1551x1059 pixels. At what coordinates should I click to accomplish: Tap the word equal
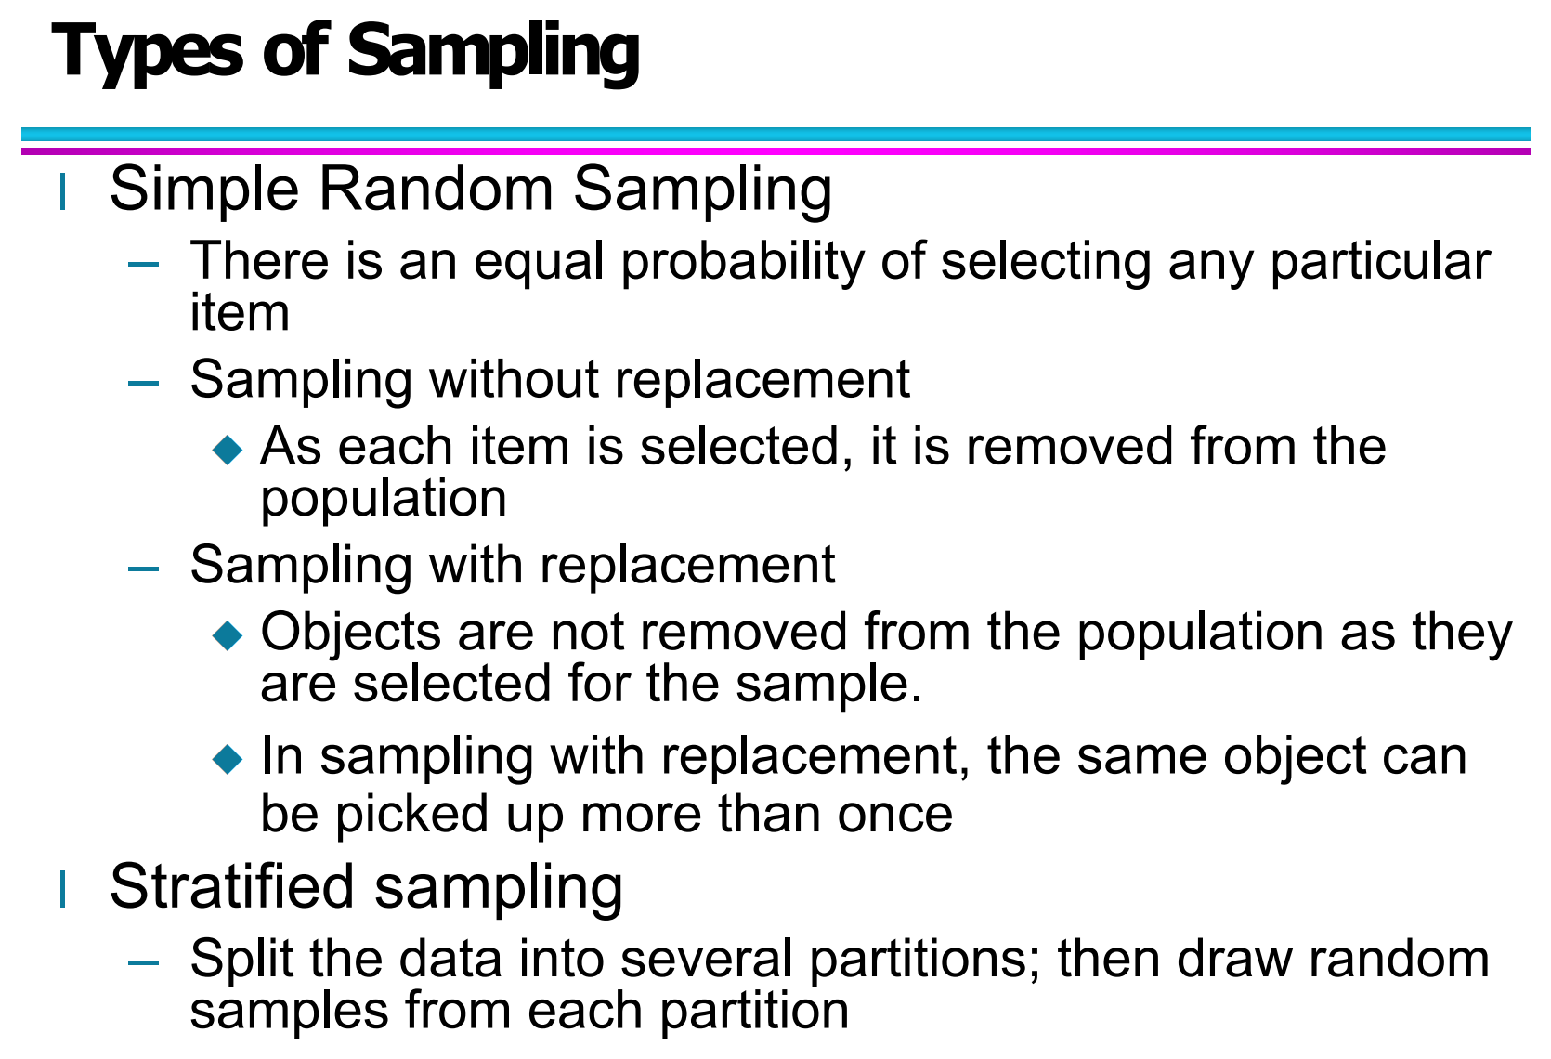click(539, 262)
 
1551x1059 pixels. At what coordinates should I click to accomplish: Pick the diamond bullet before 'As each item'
click(228, 451)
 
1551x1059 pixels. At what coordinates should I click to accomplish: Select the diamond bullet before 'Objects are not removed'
click(228, 635)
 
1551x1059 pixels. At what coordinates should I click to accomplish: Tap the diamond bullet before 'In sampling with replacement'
click(228, 759)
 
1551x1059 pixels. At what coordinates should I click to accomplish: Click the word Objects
click(350, 634)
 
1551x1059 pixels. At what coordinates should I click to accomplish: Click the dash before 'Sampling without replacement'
click(144, 382)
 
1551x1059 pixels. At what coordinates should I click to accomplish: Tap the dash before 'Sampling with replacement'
click(144, 567)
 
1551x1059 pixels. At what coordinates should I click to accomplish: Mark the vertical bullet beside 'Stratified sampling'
click(62, 889)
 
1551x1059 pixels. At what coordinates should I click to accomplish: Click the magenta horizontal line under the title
click(775, 150)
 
